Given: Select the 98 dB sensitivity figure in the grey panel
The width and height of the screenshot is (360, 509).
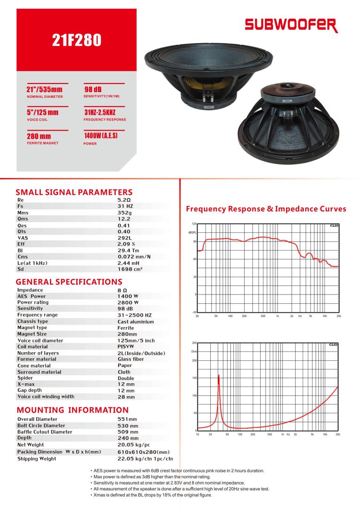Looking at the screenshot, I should click(x=93, y=90).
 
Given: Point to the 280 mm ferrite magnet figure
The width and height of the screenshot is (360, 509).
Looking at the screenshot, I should click(x=35, y=137).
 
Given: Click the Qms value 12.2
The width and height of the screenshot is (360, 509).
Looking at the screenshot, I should click(x=124, y=218).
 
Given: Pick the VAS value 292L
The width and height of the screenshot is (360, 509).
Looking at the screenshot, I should click(x=126, y=237).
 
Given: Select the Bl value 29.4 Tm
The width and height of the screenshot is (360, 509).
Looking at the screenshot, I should click(x=129, y=249).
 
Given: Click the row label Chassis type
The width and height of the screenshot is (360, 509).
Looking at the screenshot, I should click(x=33, y=321).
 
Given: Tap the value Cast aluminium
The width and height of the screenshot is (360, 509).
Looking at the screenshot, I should click(x=136, y=321).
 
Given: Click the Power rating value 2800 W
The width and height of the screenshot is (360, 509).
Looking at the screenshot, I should click(x=128, y=302).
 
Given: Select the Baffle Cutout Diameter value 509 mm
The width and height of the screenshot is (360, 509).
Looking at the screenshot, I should click(x=128, y=431).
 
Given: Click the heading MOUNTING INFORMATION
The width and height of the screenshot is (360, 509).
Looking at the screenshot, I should click(x=72, y=410).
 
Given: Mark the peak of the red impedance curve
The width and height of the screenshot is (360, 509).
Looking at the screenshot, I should click(x=219, y=375).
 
